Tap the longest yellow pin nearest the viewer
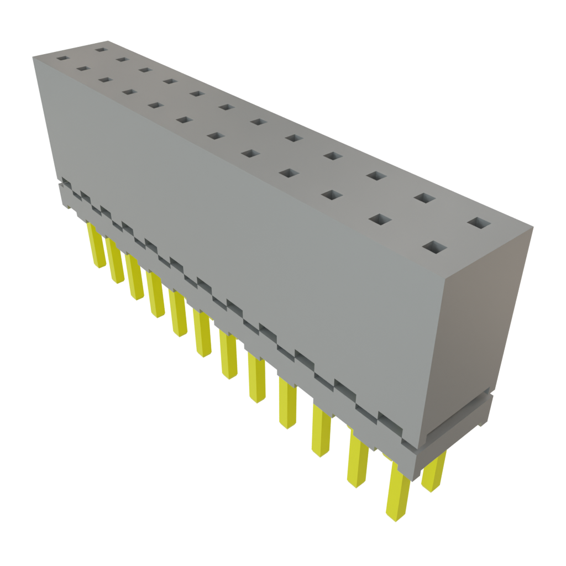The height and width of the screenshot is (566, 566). (398, 492)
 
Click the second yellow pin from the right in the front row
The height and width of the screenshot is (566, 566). (358, 459)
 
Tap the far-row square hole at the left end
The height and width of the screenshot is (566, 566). (100, 50)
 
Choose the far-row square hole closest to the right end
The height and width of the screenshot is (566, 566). (479, 223)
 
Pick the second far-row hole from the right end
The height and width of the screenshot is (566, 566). (423, 197)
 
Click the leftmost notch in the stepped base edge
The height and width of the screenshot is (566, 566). (66, 183)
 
